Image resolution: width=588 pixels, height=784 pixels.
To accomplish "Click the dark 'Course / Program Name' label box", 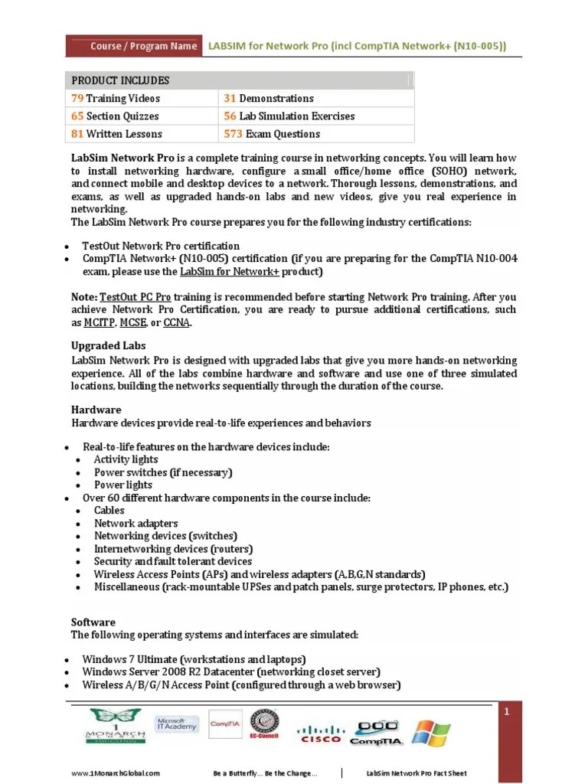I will (x=133, y=46).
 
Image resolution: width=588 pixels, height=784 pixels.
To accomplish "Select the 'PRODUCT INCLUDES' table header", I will (x=120, y=80).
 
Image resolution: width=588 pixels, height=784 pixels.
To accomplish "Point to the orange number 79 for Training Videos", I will (x=77, y=98).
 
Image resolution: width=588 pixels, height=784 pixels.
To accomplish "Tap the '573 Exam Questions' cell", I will (x=272, y=133).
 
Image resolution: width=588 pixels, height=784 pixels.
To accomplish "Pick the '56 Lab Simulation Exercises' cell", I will (x=289, y=116).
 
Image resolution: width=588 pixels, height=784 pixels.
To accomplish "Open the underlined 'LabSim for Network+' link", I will (x=229, y=271).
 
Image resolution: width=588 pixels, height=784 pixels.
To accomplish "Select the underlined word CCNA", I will (x=177, y=322).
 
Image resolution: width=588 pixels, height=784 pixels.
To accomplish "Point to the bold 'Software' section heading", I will (x=93, y=622).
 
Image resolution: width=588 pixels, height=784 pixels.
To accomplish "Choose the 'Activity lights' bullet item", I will (x=126, y=459).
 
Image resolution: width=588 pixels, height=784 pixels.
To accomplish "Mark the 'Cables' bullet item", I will (x=109, y=510).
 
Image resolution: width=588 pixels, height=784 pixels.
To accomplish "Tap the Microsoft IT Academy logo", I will (x=176, y=724).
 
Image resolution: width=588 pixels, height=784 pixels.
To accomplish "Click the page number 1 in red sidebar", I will (x=506, y=713).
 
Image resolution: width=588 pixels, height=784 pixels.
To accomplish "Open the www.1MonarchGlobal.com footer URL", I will (x=116, y=773).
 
